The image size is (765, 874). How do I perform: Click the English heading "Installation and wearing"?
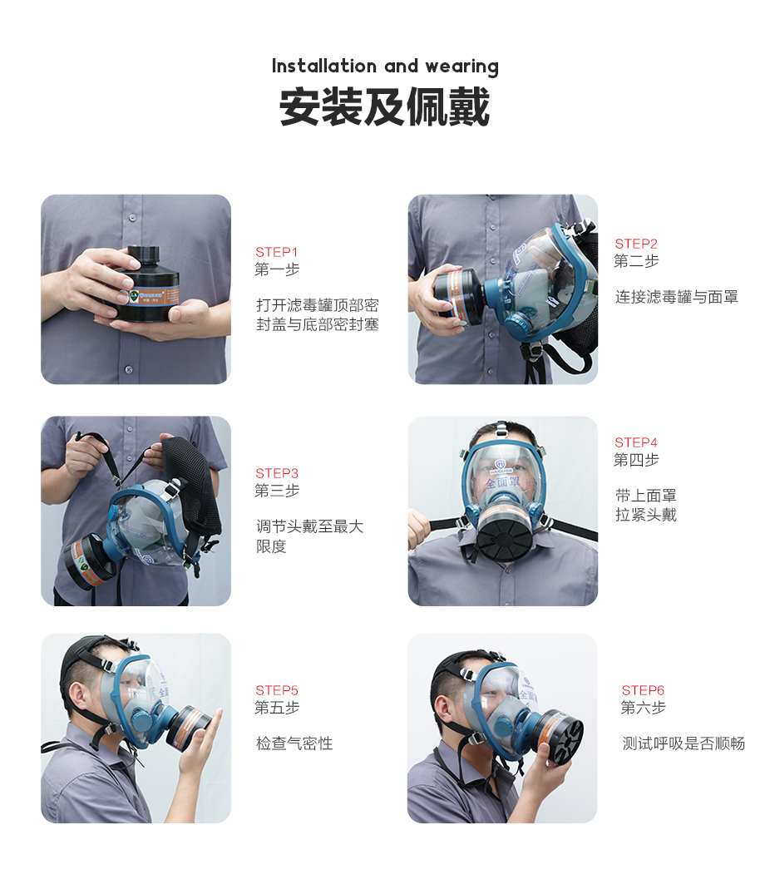[x=385, y=67]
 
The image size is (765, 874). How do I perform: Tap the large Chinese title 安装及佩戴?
[x=384, y=107]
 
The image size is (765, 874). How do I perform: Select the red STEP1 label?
[x=276, y=252]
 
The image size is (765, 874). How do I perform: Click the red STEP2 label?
[x=636, y=244]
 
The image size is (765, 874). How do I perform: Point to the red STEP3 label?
[x=277, y=473]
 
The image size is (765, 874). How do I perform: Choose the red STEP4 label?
[x=636, y=442]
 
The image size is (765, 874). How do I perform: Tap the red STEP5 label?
[x=277, y=690]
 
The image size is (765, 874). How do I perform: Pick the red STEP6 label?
[x=643, y=690]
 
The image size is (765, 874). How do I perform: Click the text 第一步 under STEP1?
[x=277, y=269]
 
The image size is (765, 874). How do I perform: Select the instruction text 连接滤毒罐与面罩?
[x=676, y=297]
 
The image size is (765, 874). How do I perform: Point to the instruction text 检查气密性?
[x=294, y=743]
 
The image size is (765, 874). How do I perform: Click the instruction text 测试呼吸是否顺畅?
[x=684, y=743]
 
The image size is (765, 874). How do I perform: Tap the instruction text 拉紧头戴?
[x=646, y=515]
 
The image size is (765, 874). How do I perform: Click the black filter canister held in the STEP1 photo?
[x=146, y=285]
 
